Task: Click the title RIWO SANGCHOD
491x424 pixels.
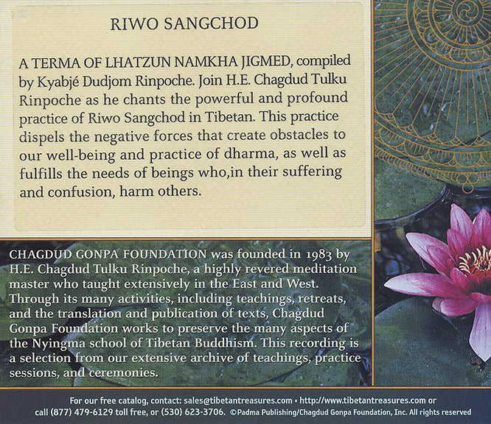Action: [x=184, y=24]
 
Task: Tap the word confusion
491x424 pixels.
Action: [x=80, y=192]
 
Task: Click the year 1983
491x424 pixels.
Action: [x=318, y=255]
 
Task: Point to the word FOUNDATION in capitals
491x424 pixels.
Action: [x=164, y=255]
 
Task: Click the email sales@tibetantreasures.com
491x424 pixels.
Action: [x=238, y=400]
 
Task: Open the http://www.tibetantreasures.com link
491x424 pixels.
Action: [x=362, y=400]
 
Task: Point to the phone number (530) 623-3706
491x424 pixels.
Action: [x=193, y=412]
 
